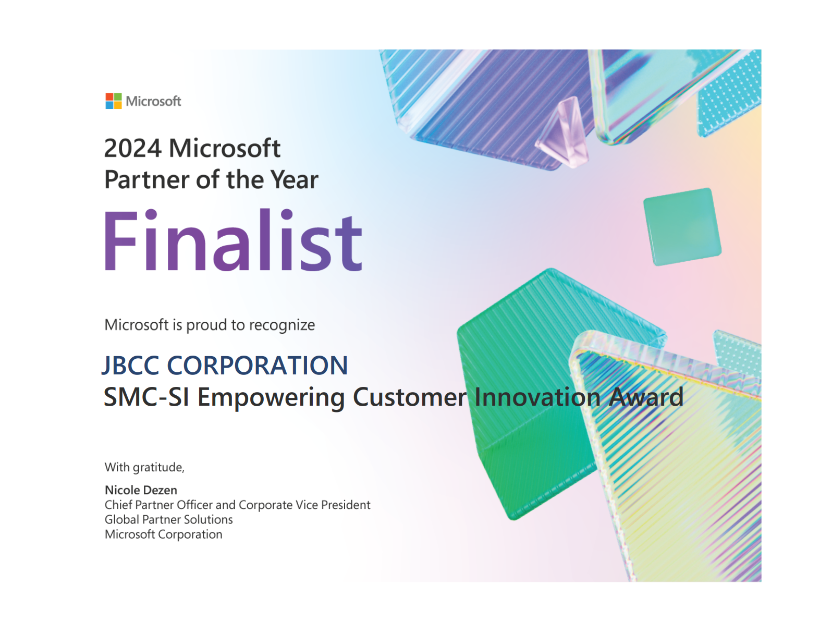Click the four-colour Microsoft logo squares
tap(113, 101)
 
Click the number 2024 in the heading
tap(132, 148)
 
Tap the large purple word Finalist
tap(233, 240)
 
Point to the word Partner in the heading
tap(146, 179)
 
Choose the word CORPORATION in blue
tap(258, 366)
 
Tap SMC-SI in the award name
tap(146, 397)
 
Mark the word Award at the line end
tap(646, 397)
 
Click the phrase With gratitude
tap(145, 468)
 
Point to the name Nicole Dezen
tap(141, 490)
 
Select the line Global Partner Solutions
tap(168, 519)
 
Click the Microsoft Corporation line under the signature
tap(163, 534)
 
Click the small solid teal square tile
tap(682, 227)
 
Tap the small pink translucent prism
tap(562, 132)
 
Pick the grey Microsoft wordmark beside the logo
tap(153, 101)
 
